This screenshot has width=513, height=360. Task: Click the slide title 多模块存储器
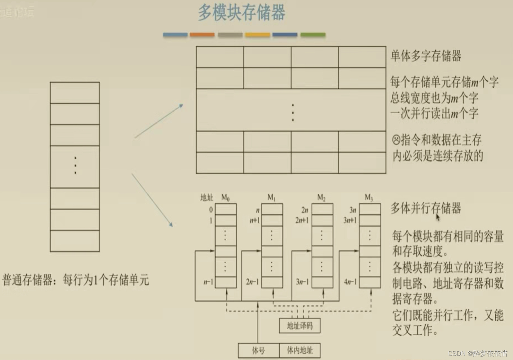tap(242, 12)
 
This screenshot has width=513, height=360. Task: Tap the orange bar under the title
tap(202, 35)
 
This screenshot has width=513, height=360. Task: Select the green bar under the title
tap(313, 35)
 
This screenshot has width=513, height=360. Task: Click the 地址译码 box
tap(299, 326)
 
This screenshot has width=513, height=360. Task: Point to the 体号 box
tap(258, 350)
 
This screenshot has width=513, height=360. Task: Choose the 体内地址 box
tap(299, 350)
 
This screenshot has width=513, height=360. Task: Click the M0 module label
tap(225, 197)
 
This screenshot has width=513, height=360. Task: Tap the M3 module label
tap(369, 197)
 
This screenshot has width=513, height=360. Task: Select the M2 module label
tap(321, 197)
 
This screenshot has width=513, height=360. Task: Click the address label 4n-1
tap(350, 282)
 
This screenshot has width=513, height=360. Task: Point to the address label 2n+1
tap(302, 220)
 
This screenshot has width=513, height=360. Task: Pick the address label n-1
tap(208, 282)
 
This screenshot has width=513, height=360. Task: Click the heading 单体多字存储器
tap(426, 56)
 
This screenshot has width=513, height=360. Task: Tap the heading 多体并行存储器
tap(426, 208)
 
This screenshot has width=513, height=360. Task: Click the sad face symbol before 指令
tap(396, 140)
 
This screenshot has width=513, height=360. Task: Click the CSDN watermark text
tap(478, 353)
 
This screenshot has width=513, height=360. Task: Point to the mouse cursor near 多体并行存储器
tap(438, 217)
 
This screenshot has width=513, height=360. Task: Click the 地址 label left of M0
tap(207, 197)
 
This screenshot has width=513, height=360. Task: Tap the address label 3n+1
tap(350, 220)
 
